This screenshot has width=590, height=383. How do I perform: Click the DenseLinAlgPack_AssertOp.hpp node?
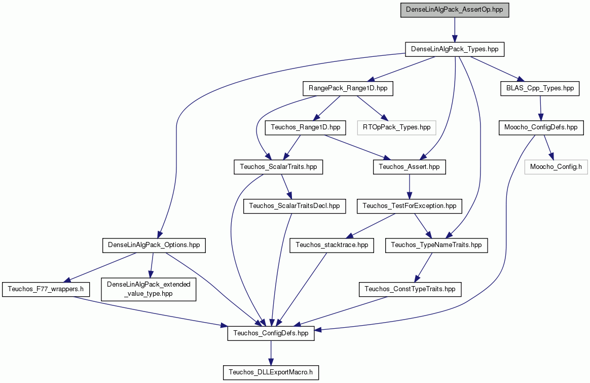(x=455, y=10)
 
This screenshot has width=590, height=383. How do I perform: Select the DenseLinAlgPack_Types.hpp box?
(x=455, y=49)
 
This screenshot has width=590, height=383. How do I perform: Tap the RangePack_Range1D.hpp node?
(x=348, y=88)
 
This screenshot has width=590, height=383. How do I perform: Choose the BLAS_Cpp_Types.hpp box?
(x=540, y=88)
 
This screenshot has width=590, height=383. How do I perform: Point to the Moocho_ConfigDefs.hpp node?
(x=541, y=128)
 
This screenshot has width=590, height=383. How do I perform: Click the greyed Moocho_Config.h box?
(x=556, y=167)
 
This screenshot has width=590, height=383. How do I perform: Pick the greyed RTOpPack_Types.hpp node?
(x=396, y=128)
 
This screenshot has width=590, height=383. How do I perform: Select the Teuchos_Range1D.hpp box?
(x=306, y=128)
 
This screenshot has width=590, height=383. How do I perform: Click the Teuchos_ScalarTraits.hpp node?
(x=278, y=167)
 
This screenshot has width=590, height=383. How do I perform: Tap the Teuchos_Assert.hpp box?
(x=410, y=167)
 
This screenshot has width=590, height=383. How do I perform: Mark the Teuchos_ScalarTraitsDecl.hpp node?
(x=294, y=206)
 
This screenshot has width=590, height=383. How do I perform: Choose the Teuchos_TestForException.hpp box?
(x=410, y=206)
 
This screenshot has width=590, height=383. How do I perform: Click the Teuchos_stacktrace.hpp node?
(x=332, y=245)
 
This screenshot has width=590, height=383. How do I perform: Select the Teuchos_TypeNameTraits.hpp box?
(x=436, y=245)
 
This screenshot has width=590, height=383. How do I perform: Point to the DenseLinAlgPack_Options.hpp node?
(x=154, y=245)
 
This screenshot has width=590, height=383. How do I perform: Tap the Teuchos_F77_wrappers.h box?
(x=46, y=289)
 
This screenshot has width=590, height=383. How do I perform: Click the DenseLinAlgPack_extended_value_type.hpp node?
(x=149, y=289)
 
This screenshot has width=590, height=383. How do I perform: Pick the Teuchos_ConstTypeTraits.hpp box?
(x=410, y=289)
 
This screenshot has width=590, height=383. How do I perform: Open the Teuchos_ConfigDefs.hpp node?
(x=271, y=333)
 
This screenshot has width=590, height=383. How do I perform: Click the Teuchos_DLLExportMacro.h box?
(x=271, y=372)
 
